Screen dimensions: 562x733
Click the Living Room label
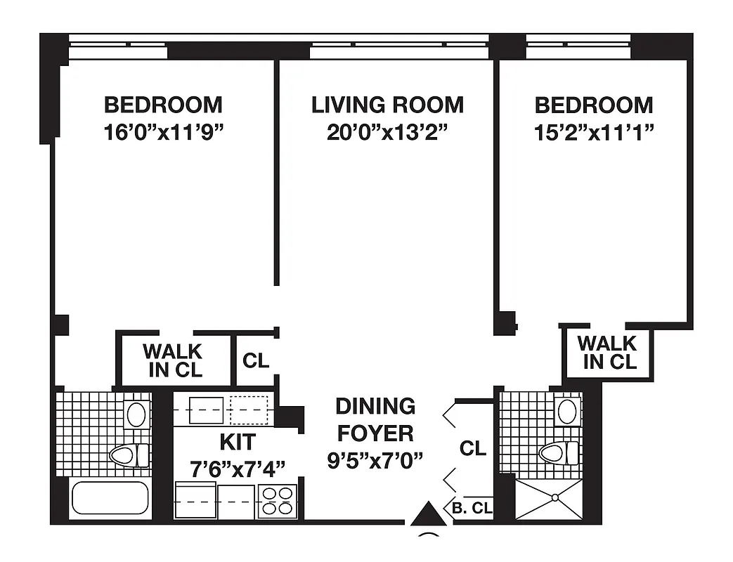387,105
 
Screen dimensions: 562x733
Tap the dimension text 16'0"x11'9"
163,132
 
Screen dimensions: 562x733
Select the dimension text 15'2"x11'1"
594,132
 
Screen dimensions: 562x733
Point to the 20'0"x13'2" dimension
387,132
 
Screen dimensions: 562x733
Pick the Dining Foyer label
375,419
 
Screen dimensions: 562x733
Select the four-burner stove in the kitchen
277,502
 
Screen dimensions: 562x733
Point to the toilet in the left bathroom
129,455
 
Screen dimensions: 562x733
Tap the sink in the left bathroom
136,414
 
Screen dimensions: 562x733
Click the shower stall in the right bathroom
549,499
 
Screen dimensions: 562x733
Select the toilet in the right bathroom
559,452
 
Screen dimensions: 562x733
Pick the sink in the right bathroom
566,411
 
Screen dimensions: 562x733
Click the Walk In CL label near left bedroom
172,360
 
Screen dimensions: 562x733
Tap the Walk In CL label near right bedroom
607,353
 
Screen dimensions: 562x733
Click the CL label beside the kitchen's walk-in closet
256,361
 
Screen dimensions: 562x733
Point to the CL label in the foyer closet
472,448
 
